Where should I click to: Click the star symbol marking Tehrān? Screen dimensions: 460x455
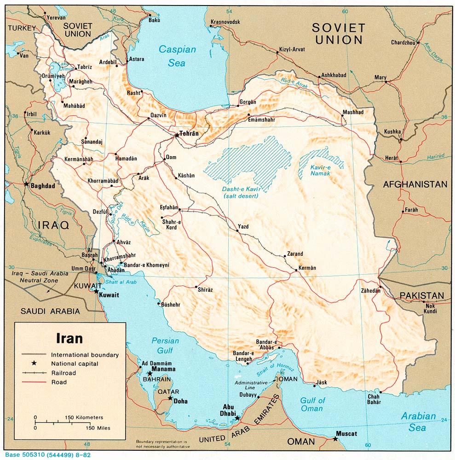point(177,136)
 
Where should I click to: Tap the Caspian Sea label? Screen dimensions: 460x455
point(177,56)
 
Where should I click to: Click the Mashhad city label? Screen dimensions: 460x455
point(353,112)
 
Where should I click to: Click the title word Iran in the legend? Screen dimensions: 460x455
point(69,338)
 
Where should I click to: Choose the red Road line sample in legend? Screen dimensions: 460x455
point(34,382)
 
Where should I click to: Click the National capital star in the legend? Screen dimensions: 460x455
point(34,364)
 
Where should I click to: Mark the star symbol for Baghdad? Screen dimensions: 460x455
point(26,184)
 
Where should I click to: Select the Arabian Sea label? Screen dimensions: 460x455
point(418,421)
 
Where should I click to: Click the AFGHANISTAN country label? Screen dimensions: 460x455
point(415,184)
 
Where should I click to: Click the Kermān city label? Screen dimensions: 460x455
point(307,268)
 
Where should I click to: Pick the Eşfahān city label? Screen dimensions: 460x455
point(169,207)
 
